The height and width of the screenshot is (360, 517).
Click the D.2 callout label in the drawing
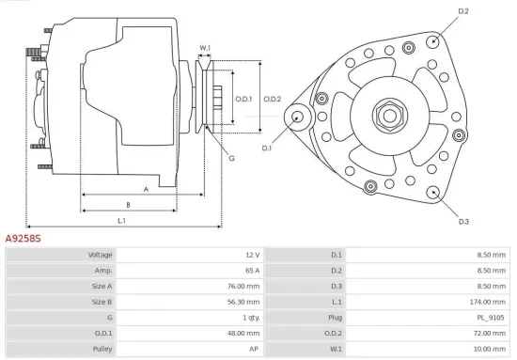pos(462,10)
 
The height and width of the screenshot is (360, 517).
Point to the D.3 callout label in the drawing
pos(463,222)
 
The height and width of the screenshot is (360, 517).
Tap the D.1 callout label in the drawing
pos(267,149)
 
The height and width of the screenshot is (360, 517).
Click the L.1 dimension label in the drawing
pos(122,221)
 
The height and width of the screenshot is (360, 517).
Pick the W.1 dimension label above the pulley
pos(205,47)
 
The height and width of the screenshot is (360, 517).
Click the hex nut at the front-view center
pos(387,115)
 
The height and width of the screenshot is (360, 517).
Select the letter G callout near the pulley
pos(230,158)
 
